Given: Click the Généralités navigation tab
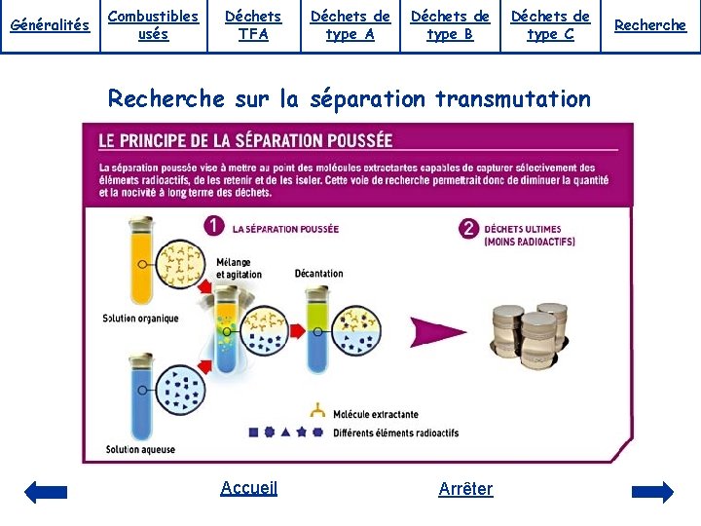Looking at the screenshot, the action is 49,25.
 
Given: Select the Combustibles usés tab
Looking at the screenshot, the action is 153,25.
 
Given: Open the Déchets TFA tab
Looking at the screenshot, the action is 253,25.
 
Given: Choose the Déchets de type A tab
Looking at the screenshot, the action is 350,25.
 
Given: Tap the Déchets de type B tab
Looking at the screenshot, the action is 450,25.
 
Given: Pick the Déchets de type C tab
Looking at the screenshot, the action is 550,25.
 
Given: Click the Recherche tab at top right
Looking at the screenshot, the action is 650,25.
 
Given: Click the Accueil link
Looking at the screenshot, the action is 249,488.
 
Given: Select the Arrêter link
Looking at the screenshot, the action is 465,488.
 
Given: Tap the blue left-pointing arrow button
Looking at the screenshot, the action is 46,492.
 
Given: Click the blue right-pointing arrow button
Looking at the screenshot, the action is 652,492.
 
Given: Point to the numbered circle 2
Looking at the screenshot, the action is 469,229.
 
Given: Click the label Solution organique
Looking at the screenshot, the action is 140,319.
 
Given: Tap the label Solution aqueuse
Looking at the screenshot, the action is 140,449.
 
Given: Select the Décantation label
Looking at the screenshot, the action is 318,273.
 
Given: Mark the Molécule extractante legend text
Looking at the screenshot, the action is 375,414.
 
